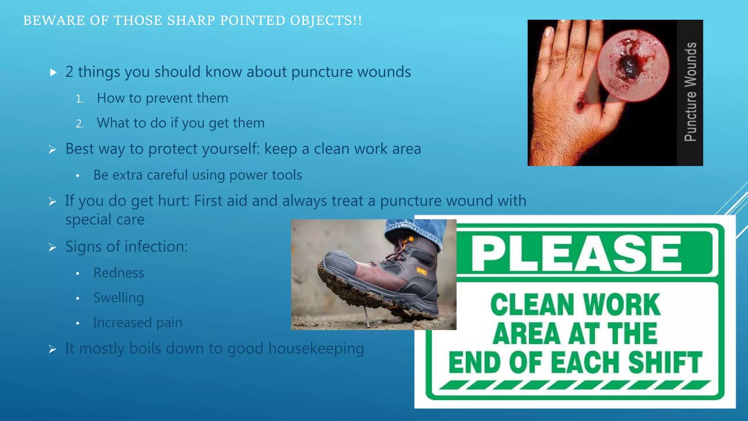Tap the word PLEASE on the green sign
[x=576, y=253]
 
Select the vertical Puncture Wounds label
[x=690, y=92]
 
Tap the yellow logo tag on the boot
[x=421, y=271]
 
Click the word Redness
[x=119, y=273]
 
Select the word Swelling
[x=118, y=298]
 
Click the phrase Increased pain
[x=137, y=323]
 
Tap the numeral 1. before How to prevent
[x=80, y=99]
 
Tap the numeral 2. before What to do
[x=80, y=124]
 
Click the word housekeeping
[x=316, y=348]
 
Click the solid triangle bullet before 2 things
[x=53, y=72]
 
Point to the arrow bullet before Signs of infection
[x=53, y=247]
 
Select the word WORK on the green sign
[x=621, y=304]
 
